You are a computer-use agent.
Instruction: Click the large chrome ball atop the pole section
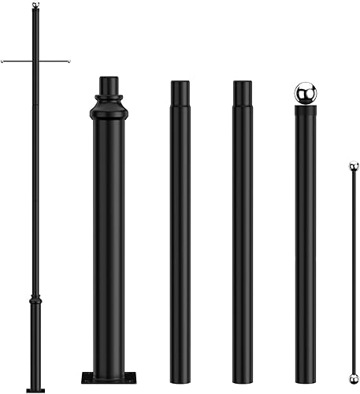tap(305, 93)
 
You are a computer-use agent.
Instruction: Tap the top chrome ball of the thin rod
tap(354, 166)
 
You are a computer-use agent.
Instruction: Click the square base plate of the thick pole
tap(108, 377)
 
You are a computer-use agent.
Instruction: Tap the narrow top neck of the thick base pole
tap(109, 85)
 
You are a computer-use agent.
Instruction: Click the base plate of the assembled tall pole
tap(35, 388)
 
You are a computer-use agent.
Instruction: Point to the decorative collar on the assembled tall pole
tap(35, 302)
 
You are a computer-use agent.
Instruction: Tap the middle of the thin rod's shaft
tap(354, 272)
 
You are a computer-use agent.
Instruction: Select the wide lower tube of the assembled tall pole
tap(35, 347)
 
